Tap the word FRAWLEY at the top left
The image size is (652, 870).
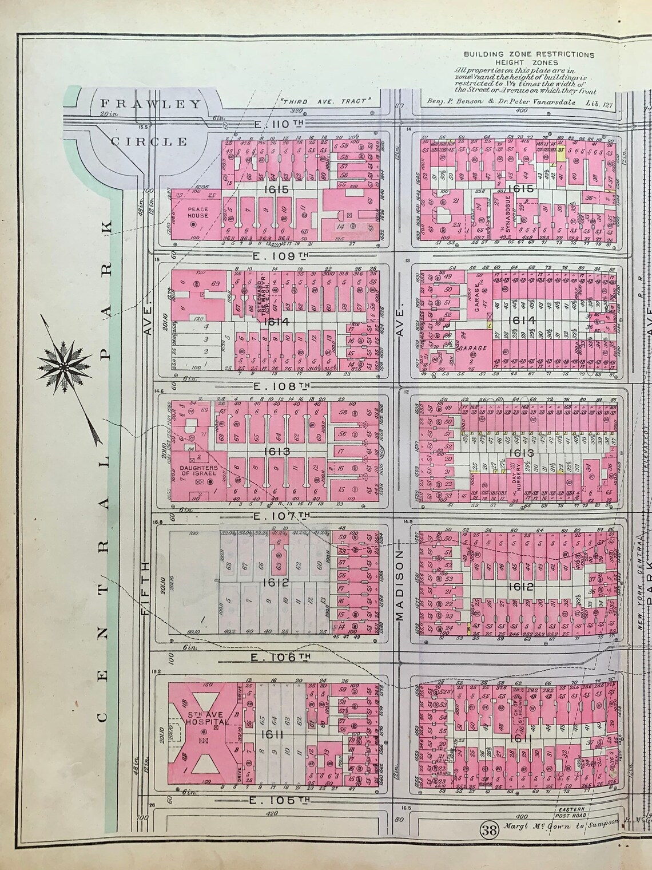pos(151,104)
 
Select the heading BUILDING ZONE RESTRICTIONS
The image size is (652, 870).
pos(528,55)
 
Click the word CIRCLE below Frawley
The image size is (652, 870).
pos(149,141)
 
